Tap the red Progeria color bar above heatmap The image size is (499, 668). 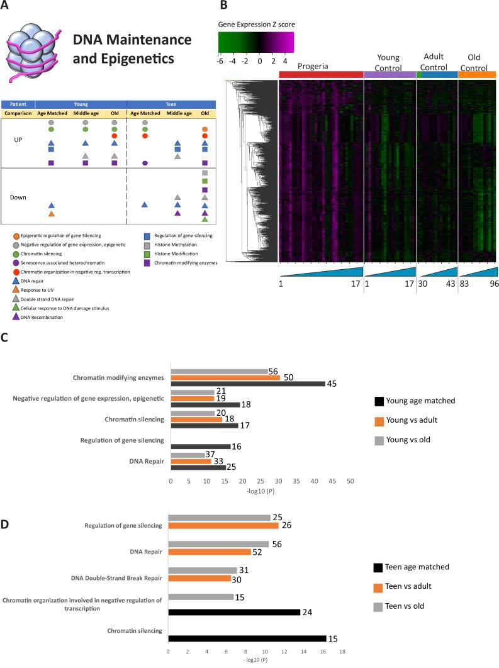321,74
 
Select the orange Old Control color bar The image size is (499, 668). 478,74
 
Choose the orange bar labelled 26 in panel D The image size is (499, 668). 223,525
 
